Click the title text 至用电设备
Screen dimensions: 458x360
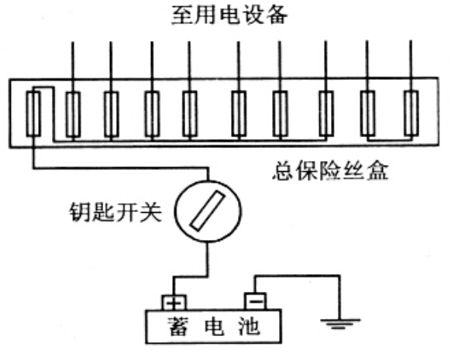[229, 15]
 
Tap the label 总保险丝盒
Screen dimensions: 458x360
[330, 170]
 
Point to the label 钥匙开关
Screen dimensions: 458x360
[115, 211]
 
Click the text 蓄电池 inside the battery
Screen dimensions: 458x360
[214, 326]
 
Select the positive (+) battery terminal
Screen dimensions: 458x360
[174, 303]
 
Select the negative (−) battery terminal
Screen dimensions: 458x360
[256, 301]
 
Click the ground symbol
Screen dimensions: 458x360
[340, 324]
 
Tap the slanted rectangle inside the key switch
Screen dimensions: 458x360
[208, 211]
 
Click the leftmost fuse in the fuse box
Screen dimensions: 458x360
[33, 114]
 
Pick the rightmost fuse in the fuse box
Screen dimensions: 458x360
[412, 114]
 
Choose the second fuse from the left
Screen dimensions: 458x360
[73, 115]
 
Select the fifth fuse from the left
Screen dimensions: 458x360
[190, 114]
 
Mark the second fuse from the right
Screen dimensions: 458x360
[368, 114]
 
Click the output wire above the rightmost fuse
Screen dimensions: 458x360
[411, 66]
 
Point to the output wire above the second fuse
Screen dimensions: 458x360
[73, 67]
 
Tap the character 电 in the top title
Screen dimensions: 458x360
[229, 15]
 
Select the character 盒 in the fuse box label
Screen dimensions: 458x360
[378, 170]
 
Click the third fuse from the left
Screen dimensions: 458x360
[112, 115]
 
